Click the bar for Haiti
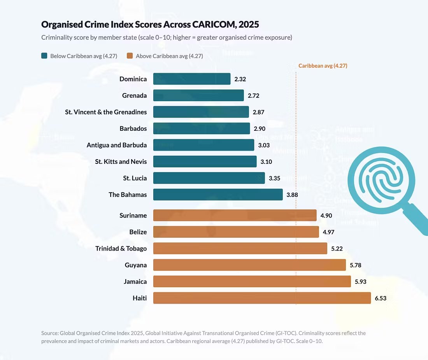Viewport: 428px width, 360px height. click(x=262, y=298)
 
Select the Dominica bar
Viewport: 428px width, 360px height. click(x=192, y=79)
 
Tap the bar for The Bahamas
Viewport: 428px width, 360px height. click(x=218, y=195)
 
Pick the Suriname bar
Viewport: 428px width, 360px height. click(x=235, y=215)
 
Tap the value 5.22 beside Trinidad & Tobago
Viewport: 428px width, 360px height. click(x=337, y=249)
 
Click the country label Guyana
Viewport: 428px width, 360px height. click(x=136, y=265)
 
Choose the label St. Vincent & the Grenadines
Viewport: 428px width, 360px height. click(x=106, y=112)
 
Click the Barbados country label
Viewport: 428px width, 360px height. click(x=133, y=128)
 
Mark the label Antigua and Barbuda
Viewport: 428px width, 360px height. click(x=117, y=145)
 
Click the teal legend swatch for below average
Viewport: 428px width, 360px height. click(x=44, y=56)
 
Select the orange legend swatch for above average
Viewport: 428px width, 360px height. click(x=130, y=56)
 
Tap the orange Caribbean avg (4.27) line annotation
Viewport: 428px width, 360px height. click(x=323, y=66)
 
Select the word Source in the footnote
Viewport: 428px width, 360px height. click(x=49, y=333)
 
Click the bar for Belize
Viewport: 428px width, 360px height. click(x=236, y=232)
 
